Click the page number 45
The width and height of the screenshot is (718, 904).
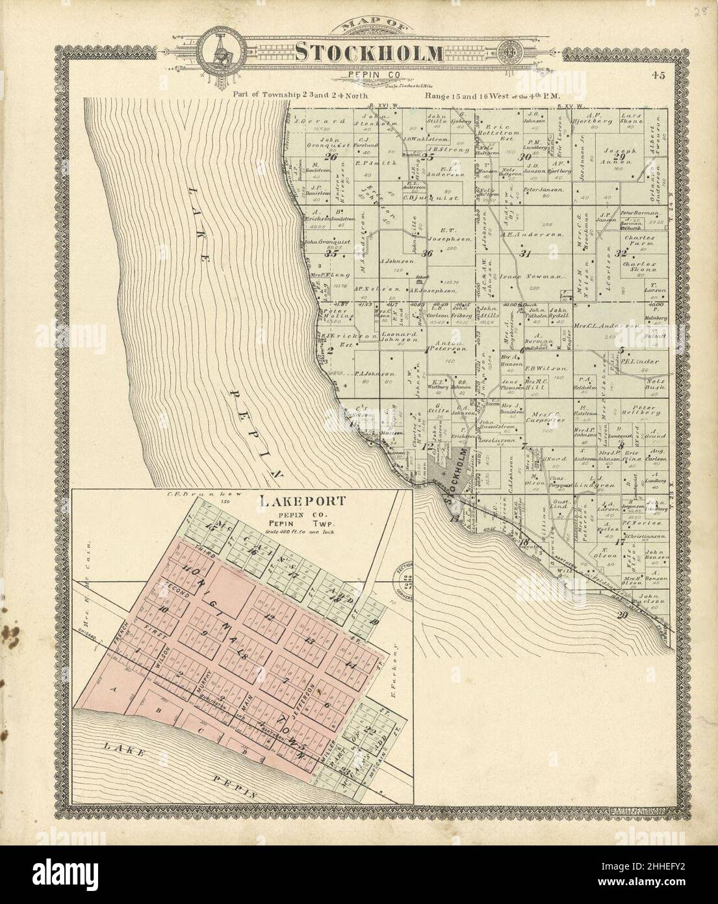(660, 75)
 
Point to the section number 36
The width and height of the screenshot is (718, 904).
(427, 253)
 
